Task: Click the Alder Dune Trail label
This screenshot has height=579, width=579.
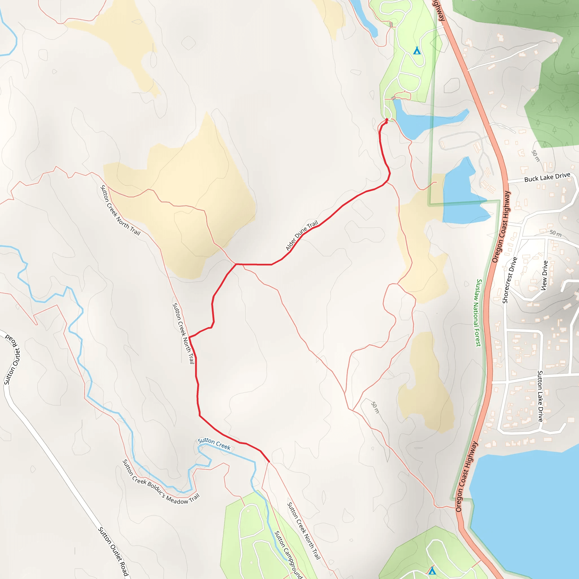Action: tap(301, 236)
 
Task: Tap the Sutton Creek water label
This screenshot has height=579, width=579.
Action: tap(214, 444)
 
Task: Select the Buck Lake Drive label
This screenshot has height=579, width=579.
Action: tap(547, 178)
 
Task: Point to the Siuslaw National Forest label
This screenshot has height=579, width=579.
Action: tap(479, 313)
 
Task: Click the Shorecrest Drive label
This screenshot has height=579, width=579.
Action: tap(510, 280)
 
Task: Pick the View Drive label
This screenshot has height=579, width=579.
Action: tap(545, 275)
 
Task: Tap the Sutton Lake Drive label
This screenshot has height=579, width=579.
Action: tap(540, 396)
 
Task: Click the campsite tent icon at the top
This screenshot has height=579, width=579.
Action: tap(416, 51)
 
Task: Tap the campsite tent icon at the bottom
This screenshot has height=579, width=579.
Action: tap(432, 571)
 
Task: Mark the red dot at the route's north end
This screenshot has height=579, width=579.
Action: tap(386, 120)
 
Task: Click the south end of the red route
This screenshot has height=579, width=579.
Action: tap(269, 462)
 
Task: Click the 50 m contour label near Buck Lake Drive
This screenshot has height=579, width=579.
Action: tap(535, 156)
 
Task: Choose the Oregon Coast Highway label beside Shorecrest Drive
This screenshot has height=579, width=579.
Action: tap(500, 227)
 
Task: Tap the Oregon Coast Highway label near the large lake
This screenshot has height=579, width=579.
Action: tap(466, 476)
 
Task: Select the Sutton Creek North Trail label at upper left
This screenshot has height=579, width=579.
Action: tap(120, 210)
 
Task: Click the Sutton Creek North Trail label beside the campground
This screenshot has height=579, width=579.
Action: tap(304, 531)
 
